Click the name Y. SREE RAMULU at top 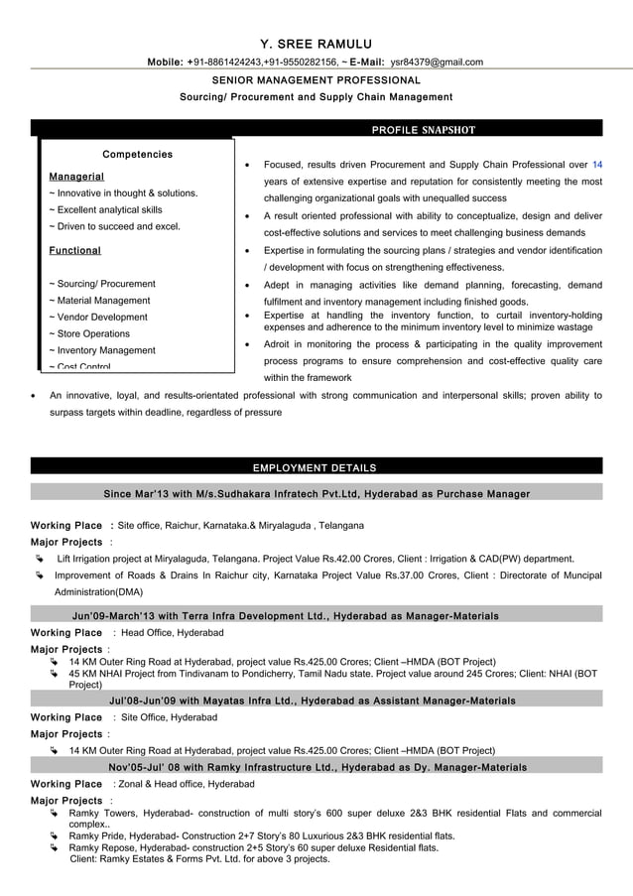316,44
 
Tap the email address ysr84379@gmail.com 436,63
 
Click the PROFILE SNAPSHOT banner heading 423,129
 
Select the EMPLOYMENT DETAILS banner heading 315,467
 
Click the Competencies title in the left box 137,155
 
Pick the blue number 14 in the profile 596,164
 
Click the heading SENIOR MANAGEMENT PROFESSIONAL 316,79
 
